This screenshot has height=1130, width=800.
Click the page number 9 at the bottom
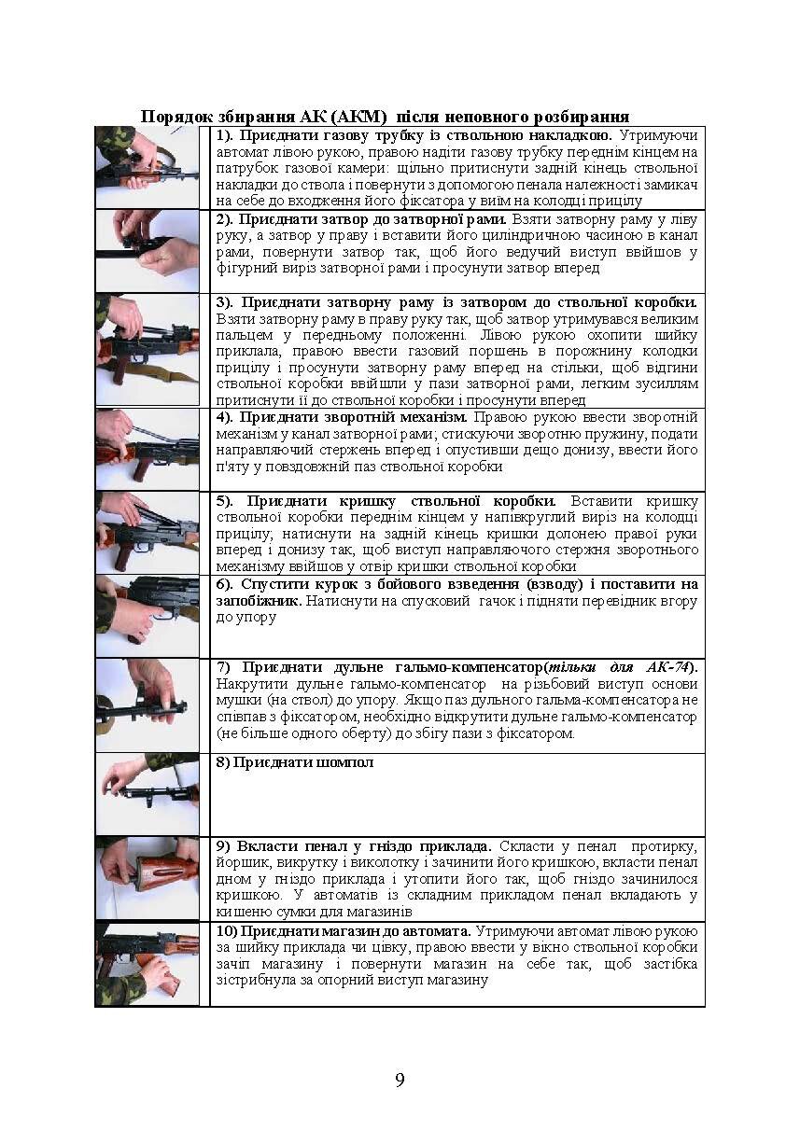click(x=400, y=1081)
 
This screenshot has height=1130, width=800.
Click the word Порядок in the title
click(x=174, y=117)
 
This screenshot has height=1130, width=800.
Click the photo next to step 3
click(x=147, y=349)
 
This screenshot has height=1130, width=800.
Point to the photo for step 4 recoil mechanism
click(x=147, y=449)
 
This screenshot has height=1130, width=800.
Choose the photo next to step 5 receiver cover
click(x=147, y=531)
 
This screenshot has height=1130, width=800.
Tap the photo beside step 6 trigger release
click(x=147, y=615)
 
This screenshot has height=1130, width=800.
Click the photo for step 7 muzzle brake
click(x=147, y=705)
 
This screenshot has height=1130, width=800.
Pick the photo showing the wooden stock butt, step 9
click(x=147, y=877)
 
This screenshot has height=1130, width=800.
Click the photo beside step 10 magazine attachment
click(x=147, y=963)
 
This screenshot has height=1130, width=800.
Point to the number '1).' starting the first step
click(x=226, y=135)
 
